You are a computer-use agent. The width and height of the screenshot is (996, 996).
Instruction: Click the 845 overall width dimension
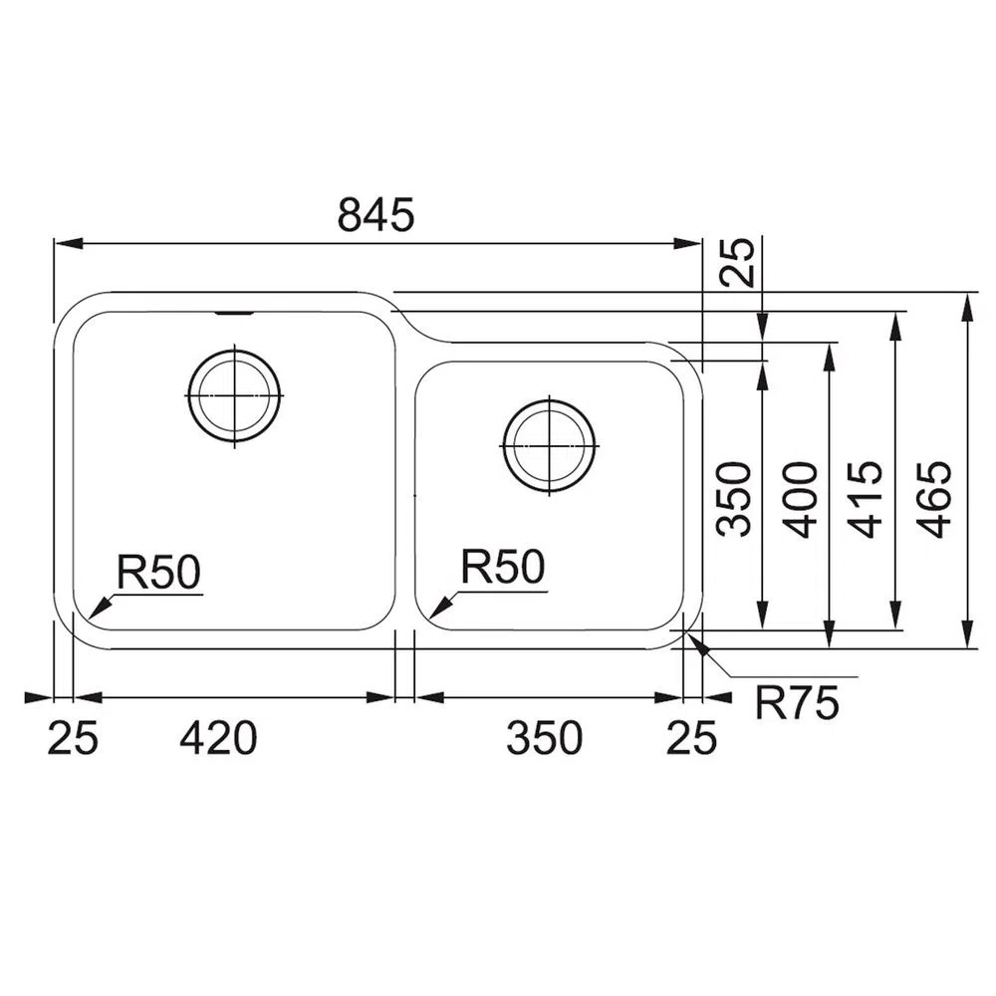pyautogui.click(x=375, y=214)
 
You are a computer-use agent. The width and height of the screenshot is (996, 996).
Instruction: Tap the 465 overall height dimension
pyautogui.click(x=936, y=499)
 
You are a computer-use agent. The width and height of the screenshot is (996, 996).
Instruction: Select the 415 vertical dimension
pyautogui.click(x=867, y=499)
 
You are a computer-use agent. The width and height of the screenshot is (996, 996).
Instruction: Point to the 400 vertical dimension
pyautogui.click(x=800, y=499)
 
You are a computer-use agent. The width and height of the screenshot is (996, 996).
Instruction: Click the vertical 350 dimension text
pyautogui.click(x=734, y=499)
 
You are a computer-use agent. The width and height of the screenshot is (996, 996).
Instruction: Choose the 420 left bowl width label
pyautogui.click(x=218, y=737)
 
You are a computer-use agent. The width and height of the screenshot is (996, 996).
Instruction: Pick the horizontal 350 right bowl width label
pyautogui.click(x=545, y=737)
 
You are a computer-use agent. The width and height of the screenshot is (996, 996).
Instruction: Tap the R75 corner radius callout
pyautogui.click(x=797, y=702)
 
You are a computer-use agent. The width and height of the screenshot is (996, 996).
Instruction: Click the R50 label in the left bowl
pyautogui.click(x=158, y=571)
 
